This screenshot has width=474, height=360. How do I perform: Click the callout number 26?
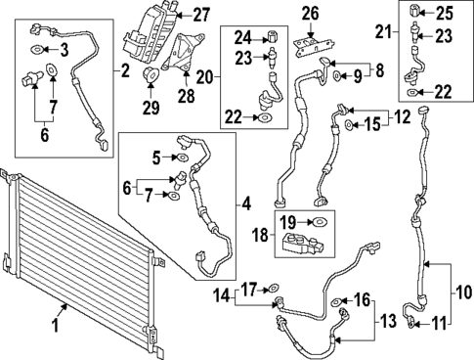coord(312,13)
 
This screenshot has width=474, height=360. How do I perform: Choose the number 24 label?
coord(240,37)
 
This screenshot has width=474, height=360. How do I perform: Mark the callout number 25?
coord(445,13)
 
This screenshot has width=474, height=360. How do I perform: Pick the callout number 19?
coord(290,223)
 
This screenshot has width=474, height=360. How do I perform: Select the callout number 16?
coord(362,299)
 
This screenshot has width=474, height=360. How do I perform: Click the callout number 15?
coord(375,124)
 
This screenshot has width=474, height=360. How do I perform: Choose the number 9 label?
coord(359,74)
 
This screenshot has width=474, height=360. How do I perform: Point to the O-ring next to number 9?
coord(337,74)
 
